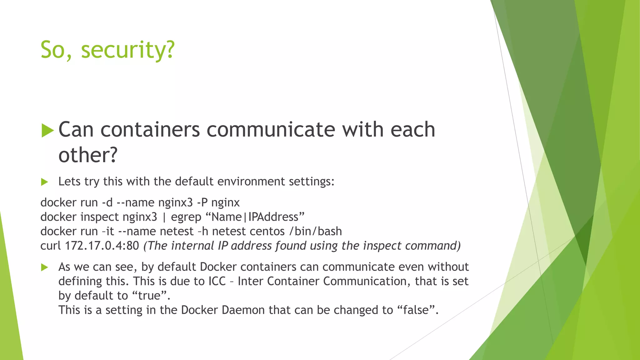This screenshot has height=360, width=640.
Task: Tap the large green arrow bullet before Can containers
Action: point(47,131)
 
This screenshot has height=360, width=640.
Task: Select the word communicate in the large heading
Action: point(271,130)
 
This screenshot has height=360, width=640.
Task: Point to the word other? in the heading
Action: point(87,155)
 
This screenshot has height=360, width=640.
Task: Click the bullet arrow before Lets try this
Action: point(44,182)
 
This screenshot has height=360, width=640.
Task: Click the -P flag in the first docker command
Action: point(202,202)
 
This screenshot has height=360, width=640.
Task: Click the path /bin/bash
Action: point(316,231)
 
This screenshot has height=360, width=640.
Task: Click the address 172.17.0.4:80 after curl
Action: point(102,246)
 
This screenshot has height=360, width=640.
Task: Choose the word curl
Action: point(51,246)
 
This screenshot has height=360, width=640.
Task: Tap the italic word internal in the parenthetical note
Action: point(192,246)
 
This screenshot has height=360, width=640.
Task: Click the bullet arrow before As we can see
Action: point(44,267)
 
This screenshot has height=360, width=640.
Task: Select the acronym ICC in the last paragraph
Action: point(217,281)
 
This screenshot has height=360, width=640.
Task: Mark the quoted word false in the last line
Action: point(416,310)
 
